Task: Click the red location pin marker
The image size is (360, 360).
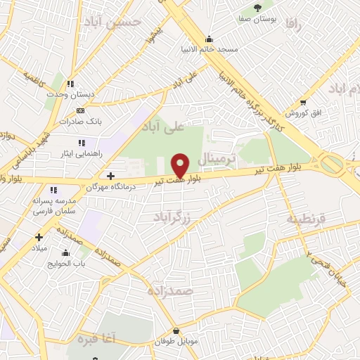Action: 181,165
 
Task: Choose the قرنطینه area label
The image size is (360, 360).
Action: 307,218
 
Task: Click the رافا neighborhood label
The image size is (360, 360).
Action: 294,25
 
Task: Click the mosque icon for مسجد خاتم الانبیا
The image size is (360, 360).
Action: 208,39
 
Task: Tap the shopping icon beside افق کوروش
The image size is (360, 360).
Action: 303,103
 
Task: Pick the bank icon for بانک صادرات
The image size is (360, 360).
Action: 80,110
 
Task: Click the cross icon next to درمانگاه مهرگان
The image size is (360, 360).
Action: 110,175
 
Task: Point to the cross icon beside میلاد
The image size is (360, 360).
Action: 39,236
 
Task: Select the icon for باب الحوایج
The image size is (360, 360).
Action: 66,253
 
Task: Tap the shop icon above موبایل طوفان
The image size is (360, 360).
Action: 175,330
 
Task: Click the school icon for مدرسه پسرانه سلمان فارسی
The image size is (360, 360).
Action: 53,190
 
